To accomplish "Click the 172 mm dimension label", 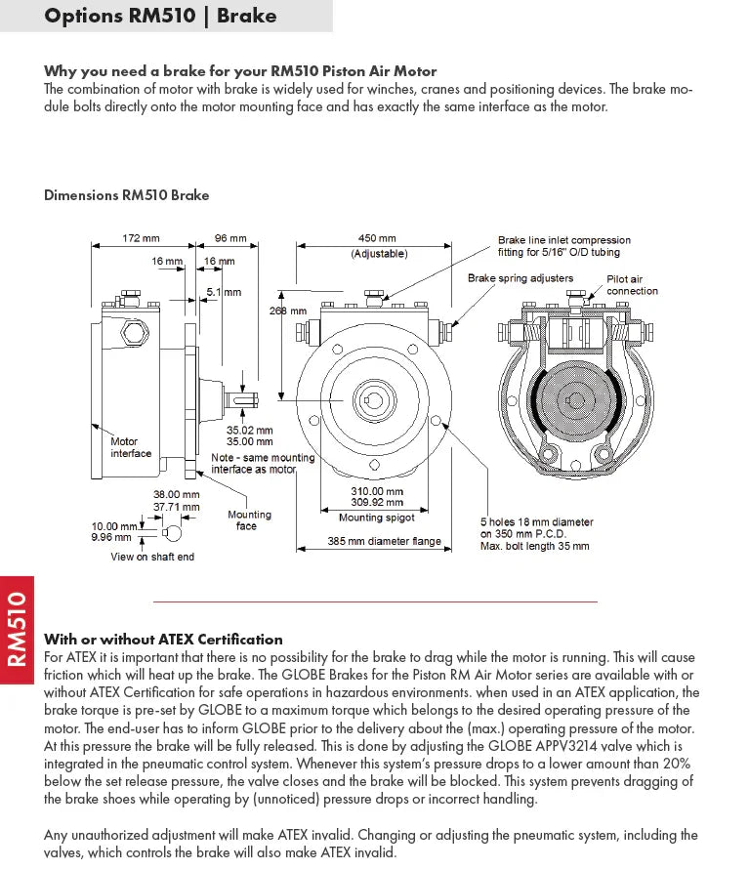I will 141,238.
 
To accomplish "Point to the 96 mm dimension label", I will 230,238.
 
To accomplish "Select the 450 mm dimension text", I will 377,238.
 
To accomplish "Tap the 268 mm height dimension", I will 288,311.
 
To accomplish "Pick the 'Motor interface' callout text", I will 131,447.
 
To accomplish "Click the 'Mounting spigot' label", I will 376,518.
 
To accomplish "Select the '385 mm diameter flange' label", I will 384,541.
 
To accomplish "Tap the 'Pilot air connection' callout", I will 632,285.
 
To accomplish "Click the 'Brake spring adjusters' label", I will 520,278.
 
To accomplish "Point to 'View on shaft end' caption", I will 152,557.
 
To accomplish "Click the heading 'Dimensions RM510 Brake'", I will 127,195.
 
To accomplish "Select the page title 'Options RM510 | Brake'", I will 161,16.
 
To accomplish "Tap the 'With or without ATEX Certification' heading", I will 163,640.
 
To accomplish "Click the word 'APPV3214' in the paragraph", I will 584,746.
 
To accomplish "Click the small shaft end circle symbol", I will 172,533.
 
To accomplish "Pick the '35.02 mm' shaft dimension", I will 250,429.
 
